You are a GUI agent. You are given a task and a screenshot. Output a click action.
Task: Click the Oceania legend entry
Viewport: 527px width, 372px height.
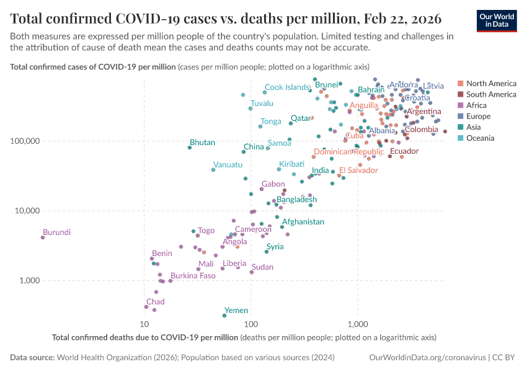click(x=480, y=138)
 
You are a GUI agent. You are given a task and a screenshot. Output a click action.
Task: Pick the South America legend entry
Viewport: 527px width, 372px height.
click(x=490, y=94)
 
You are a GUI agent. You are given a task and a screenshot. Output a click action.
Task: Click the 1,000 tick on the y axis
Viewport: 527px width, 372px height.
click(x=27, y=280)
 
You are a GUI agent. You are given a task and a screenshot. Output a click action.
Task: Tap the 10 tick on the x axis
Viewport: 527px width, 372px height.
click(x=144, y=324)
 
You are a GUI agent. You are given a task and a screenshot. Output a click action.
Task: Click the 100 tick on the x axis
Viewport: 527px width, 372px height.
click(x=250, y=324)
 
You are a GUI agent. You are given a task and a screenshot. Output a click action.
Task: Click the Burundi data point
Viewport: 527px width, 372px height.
click(x=43, y=237)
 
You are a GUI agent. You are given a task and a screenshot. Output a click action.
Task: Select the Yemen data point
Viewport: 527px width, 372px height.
click(x=224, y=316)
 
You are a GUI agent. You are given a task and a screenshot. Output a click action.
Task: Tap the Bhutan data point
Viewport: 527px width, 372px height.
click(x=190, y=148)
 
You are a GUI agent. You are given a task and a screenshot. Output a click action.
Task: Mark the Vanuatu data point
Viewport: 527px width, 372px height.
click(x=213, y=170)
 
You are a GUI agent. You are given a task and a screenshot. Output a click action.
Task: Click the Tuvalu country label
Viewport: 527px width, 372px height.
click(x=262, y=103)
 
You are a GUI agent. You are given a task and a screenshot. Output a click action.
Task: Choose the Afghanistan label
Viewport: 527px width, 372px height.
click(x=303, y=222)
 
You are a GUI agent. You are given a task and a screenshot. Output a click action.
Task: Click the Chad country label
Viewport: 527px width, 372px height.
click(x=155, y=302)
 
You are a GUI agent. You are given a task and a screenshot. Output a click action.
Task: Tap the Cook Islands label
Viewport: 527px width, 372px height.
click(x=287, y=87)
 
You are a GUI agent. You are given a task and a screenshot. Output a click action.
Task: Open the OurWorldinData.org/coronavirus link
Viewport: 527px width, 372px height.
click(x=427, y=358)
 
